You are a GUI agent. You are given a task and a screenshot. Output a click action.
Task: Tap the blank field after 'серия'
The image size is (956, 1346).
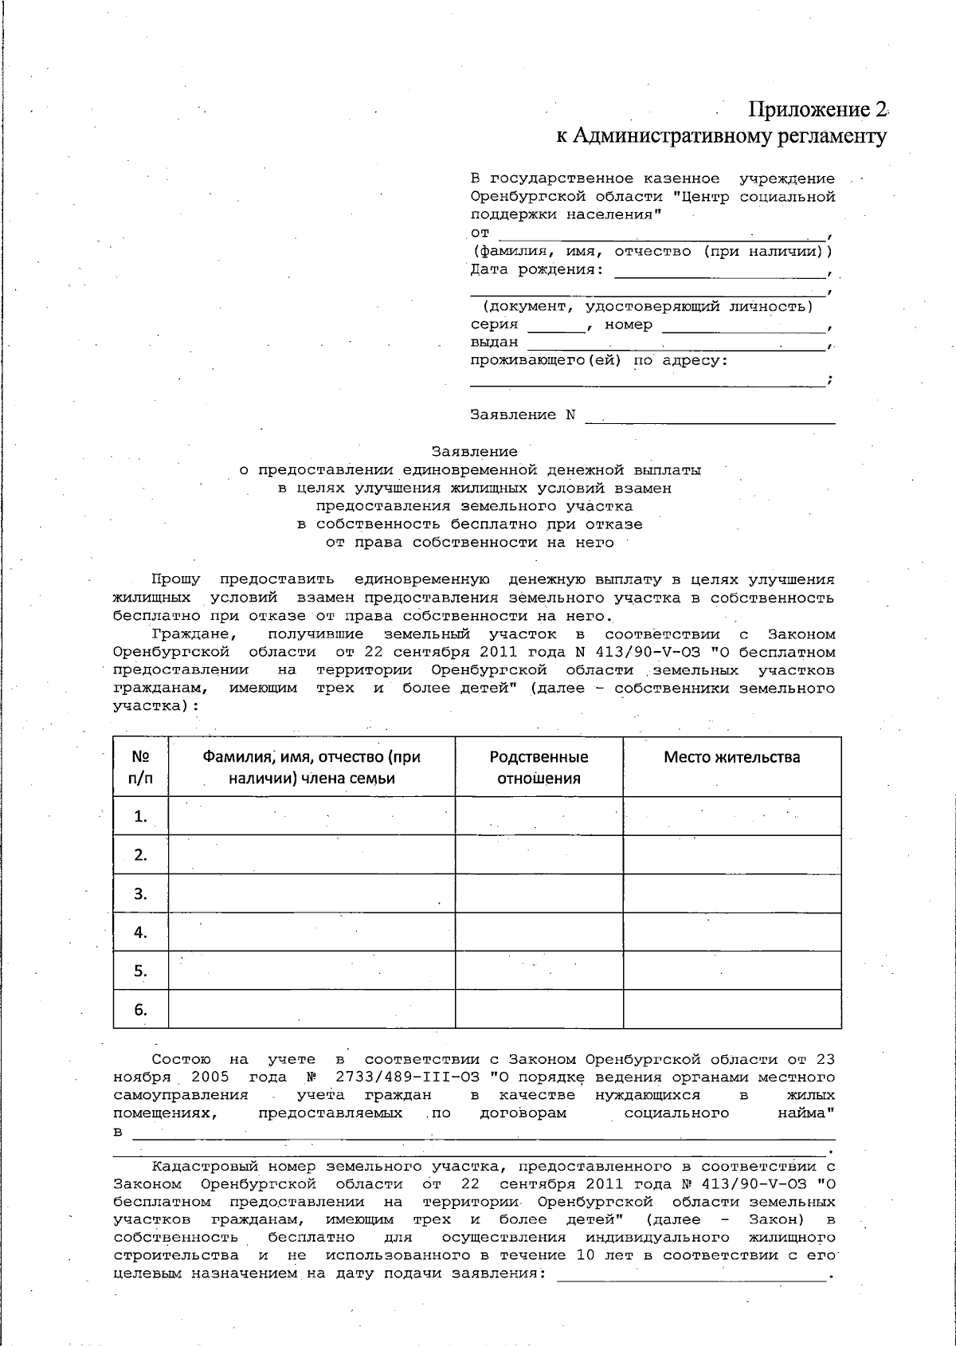coord(557,326)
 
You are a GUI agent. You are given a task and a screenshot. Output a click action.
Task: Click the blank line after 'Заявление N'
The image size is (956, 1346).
coord(710,416)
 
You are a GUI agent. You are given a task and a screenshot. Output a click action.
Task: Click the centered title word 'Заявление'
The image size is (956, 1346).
coord(474,452)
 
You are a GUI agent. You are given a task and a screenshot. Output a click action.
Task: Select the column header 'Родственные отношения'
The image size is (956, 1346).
coord(539,767)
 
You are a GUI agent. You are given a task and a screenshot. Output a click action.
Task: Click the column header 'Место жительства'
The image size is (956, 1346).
coord(731,757)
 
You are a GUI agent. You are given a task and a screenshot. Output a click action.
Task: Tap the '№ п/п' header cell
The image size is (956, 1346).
coord(140,767)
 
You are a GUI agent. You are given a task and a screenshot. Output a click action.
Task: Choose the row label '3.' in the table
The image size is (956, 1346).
coord(140,893)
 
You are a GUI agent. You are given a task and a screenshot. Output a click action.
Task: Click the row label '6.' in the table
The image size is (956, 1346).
coord(140,1010)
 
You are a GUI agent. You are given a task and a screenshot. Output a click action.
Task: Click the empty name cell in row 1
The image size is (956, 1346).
coord(311,816)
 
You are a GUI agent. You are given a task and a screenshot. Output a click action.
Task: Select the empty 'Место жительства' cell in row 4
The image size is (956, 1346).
coord(731,932)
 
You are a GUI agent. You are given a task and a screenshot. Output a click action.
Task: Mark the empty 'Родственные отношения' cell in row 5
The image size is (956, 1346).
coord(539,971)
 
